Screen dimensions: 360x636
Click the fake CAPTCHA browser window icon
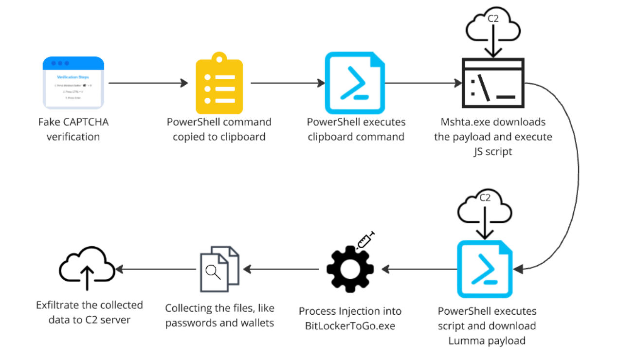(x=73, y=83)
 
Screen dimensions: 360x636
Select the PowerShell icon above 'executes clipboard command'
(x=355, y=82)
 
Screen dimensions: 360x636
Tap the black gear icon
(x=349, y=269)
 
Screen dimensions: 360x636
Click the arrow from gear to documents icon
(x=282, y=269)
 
